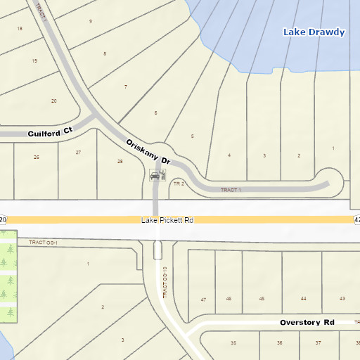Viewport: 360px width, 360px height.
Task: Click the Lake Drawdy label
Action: [x=314, y=32]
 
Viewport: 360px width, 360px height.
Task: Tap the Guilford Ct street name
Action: [x=50, y=131]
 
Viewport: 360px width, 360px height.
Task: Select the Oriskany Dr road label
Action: [x=149, y=152]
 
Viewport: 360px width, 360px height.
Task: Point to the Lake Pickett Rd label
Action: [x=167, y=220]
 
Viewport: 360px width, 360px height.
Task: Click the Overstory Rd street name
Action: [x=307, y=323]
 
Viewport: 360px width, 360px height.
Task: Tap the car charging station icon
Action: [x=158, y=174]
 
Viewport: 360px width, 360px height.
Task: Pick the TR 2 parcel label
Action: [x=178, y=184]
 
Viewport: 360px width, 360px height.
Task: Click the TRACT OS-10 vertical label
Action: [x=165, y=282]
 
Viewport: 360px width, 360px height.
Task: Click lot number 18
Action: [x=20, y=28]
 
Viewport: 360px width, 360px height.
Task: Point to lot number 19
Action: [x=34, y=60]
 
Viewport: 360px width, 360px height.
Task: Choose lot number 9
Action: [x=90, y=21]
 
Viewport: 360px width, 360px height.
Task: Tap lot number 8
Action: [x=105, y=53]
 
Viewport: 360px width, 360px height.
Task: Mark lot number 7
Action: [x=125, y=86]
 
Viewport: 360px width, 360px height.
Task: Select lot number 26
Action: [x=37, y=157]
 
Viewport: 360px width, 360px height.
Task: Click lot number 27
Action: [x=78, y=152]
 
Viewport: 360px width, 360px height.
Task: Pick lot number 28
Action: [x=120, y=162]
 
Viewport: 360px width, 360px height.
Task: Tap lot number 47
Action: [x=203, y=300]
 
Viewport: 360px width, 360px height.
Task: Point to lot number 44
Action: [x=303, y=299]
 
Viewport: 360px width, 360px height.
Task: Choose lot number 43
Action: [x=342, y=299]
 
